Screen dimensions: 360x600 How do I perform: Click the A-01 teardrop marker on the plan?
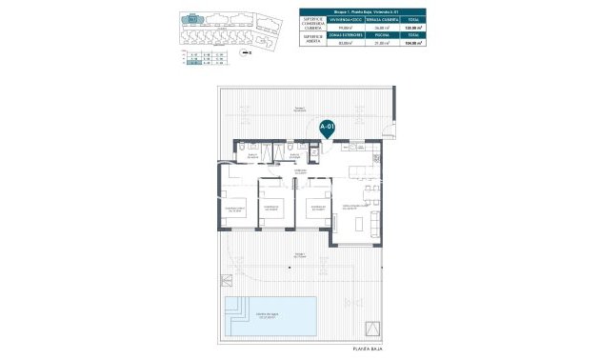point(328,126)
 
